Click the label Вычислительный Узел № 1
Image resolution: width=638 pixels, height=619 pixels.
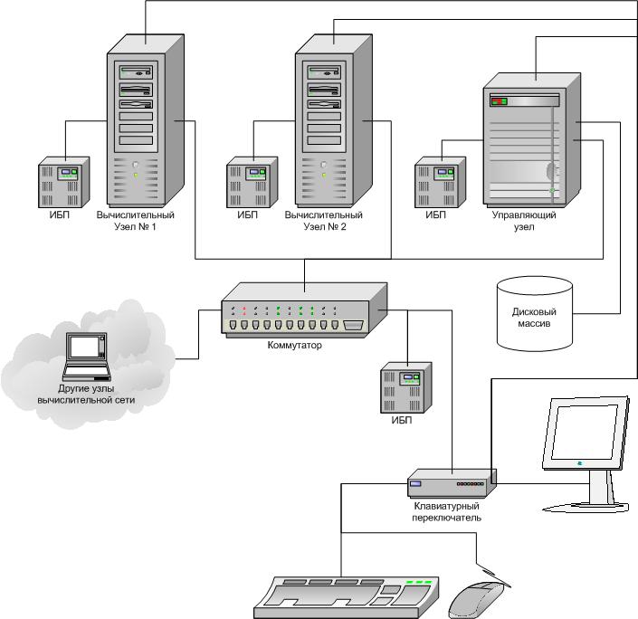coord(135,221)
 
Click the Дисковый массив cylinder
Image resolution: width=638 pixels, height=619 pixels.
coord(535,313)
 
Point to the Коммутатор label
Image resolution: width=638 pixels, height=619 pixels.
coord(294,345)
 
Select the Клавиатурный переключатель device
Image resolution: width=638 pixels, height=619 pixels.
coord(451,483)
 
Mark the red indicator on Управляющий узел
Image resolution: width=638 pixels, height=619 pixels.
coord(496,101)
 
